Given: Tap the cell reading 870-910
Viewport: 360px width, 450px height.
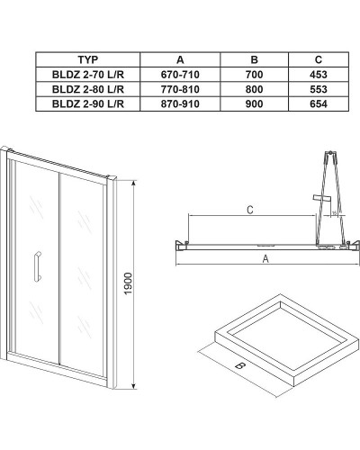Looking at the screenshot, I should [175, 105].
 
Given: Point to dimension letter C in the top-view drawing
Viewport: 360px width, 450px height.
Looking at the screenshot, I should [249, 210].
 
